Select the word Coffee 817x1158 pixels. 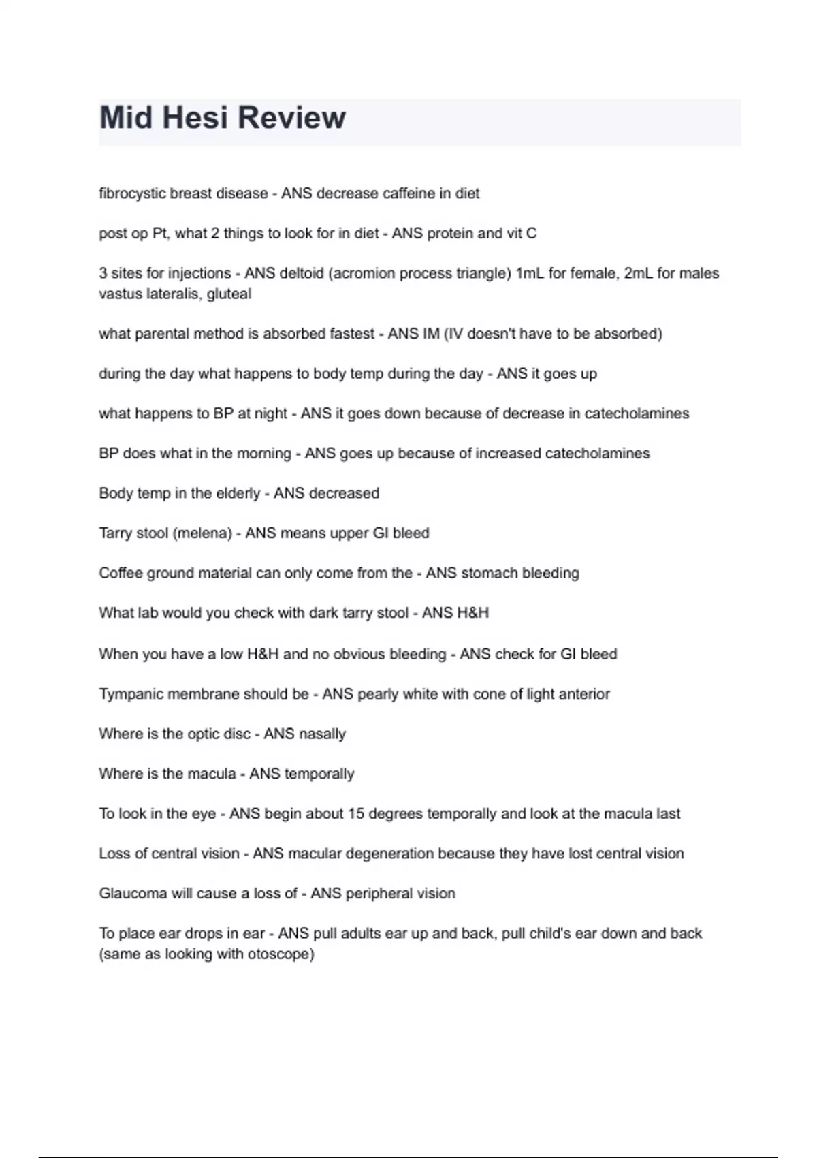tap(121, 573)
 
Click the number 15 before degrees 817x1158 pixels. tap(355, 813)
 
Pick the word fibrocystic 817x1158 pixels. tap(132, 193)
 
